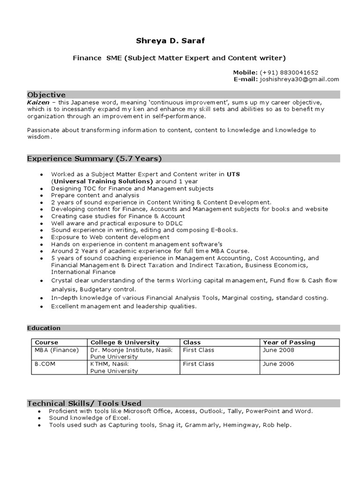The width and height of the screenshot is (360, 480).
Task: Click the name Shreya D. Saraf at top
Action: pyautogui.click(x=170, y=41)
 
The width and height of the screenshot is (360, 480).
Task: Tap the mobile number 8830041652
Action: pyautogui.click(x=300, y=72)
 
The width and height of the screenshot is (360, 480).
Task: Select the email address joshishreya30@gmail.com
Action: pyautogui.click(x=300, y=79)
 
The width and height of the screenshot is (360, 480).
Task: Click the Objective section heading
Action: pyautogui.click(x=46, y=95)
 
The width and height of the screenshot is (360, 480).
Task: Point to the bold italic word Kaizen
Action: pyautogui.click(x=37, y=102)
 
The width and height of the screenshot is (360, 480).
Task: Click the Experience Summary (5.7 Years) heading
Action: pyautogui.click(x=94, y=158)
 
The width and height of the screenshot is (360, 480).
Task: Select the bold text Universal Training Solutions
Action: pyautogui.click(x=103, y=181)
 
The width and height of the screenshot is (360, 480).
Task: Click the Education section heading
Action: pyautogui.click(x=44, y=328)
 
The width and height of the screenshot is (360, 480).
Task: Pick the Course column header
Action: pyautogui.click(x=46, y=342)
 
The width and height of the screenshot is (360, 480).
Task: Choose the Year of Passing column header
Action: pyautogui.click(x=289, y=342)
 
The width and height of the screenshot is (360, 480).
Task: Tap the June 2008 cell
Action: pyautogui.click(x=278, y=350)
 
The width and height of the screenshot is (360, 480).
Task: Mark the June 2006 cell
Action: pyautogui.click(x=278, y=364)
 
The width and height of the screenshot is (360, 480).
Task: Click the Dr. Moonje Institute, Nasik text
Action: pyautogui.click(x=131, y=350)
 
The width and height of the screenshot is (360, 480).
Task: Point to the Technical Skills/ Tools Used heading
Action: pyautogui.click(x=84, y=403)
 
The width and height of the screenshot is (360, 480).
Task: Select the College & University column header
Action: pyautogui.click(x=125, y=342)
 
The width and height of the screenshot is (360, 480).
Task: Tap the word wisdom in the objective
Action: pyautogui.click(x=38, y=137)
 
